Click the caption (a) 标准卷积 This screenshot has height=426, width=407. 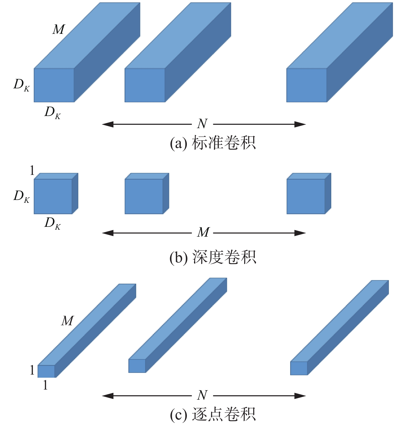[213, 143]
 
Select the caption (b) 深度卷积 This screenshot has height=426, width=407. [213, 257]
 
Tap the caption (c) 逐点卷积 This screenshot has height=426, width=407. [213, 414]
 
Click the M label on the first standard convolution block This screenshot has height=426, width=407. [59, 29]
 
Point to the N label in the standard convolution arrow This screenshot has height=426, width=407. [202, 124]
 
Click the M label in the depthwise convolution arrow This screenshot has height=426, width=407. [203, 233]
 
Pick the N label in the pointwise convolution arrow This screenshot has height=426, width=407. [202, 395]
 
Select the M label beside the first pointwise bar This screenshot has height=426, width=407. [67, 321]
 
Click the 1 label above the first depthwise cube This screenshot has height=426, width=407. [32, 171]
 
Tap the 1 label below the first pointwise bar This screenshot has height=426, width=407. [45, 385]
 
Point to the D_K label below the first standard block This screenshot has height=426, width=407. [53, 113]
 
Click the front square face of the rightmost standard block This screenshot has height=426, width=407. [307, 85]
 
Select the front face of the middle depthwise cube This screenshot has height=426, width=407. [144, 197]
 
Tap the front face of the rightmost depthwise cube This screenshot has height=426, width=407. [306, 197]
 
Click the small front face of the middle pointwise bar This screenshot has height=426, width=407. [137, 366]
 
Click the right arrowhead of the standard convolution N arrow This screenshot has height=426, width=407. [300, 124]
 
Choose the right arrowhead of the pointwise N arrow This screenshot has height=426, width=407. [300, 396]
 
